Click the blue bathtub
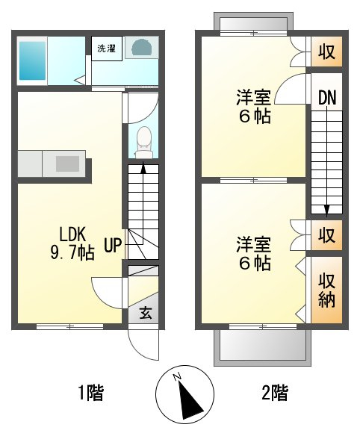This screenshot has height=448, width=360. (x=32, y=61)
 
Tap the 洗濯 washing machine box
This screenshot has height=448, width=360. (x=107, y=49)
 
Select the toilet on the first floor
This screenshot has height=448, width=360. (x=143, y=142)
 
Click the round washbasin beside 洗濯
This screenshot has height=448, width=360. (x=142, y=48)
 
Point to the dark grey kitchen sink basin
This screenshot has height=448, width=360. (x=67, y=164)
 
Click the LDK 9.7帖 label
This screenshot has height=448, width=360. (x=72, y=243)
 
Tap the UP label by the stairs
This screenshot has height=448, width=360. (x=113, y=245)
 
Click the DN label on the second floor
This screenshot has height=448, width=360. (x=327, y=97)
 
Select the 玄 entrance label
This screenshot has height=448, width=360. (x=146, y=313)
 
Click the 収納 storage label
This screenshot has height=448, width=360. (x=327, y=290)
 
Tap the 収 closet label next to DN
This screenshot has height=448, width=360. (x=327, y=52)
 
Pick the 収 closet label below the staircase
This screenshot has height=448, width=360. (x=327, y=235)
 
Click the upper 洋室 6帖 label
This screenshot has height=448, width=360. (x=254, y=106)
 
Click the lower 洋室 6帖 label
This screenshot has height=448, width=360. (x=254, y=253)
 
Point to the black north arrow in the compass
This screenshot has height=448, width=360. (x=188, y=400)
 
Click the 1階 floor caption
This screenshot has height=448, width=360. (x=91, y=393)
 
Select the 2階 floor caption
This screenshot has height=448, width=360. (x=275, y=393)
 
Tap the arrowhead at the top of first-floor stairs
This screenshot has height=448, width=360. (x=143, y=168)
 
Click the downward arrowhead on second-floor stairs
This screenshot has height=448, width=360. (x=327, y=210)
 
